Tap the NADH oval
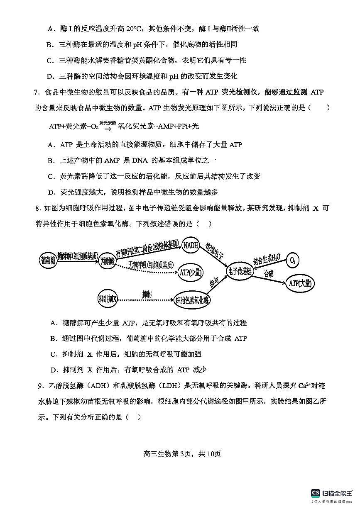coord(191,245)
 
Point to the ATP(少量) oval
coord(191,272)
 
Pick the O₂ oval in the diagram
coord(293,260)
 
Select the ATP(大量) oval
coord(300,283)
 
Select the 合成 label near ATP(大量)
coord(269,274)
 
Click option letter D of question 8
coord(53,370)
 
